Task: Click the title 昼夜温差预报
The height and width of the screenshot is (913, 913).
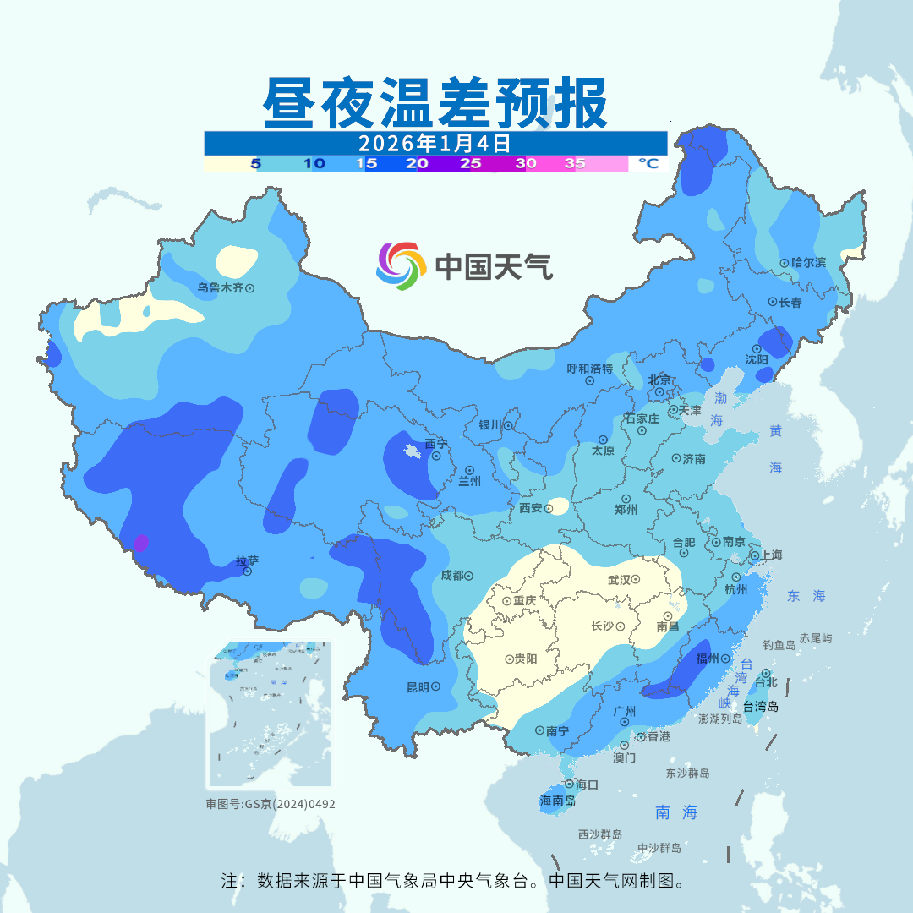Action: point(435,103)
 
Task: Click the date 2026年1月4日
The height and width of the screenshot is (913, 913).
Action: point(435,142)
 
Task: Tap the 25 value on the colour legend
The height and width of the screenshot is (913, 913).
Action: point(470,164)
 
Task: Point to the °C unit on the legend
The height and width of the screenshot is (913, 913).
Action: point(648,163)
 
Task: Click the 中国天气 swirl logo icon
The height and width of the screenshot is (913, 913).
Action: point(400,266)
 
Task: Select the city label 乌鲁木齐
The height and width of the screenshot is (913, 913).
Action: point(220,287)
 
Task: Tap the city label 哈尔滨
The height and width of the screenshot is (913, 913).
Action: point(808,263)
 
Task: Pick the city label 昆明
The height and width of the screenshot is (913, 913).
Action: point(418,687)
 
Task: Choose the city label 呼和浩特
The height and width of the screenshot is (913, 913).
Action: point(589,369)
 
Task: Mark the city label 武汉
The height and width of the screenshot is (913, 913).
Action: point(619,580)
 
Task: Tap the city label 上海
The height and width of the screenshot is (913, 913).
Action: point(771,555)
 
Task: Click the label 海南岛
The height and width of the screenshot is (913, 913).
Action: point(557,801)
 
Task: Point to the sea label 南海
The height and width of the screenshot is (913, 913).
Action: point(676,812)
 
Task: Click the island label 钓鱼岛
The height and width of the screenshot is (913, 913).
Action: point(779,645)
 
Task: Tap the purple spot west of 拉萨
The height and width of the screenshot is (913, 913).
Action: point(141,542)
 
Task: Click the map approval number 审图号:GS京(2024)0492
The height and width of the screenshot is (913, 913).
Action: point(271,804)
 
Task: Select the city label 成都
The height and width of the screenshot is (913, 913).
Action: point(451,576)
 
